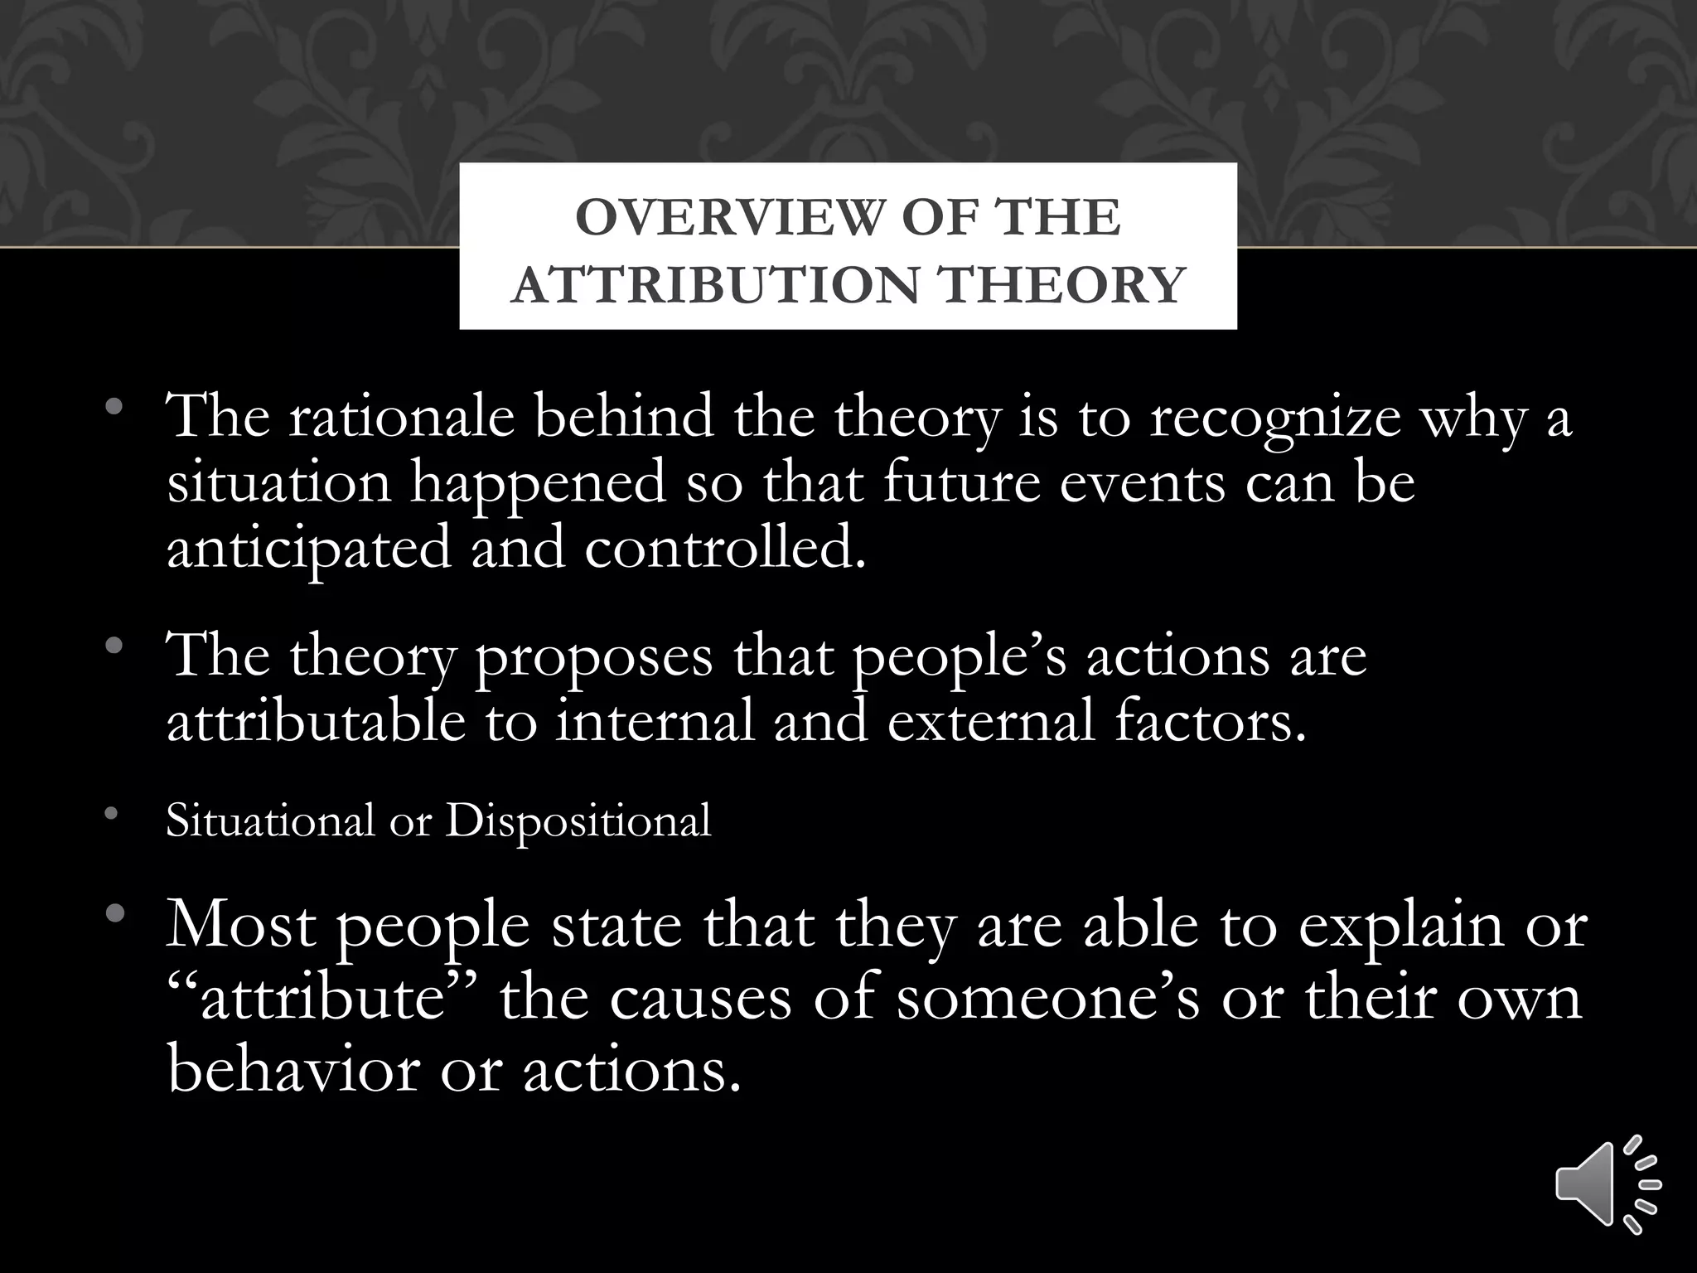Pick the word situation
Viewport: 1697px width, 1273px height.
coord(278,482)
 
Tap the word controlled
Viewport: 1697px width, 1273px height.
coord(724,549)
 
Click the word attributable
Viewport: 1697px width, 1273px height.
coord(316,720)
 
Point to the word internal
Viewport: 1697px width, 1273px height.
coord(655,721)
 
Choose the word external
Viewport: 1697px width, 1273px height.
coord(991,721)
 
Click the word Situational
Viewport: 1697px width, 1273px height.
coord(270,821)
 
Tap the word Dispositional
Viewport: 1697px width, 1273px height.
coord(578,823)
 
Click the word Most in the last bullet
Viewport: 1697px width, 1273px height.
coord(241,926)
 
